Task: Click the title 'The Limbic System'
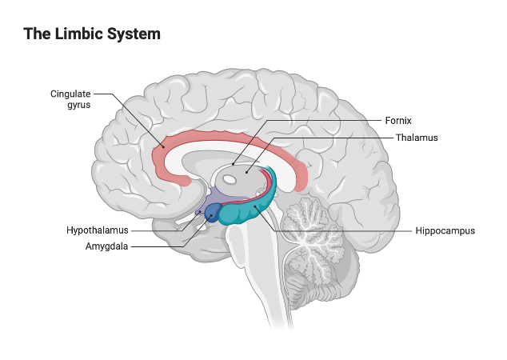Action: coord(92,34)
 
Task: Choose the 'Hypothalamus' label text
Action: coord(98,230)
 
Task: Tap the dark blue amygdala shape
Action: coord(213,213)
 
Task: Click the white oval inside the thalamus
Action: coord(230,180)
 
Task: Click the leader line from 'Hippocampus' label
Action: coord(352,230)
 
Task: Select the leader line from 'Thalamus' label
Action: coord(336,138)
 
